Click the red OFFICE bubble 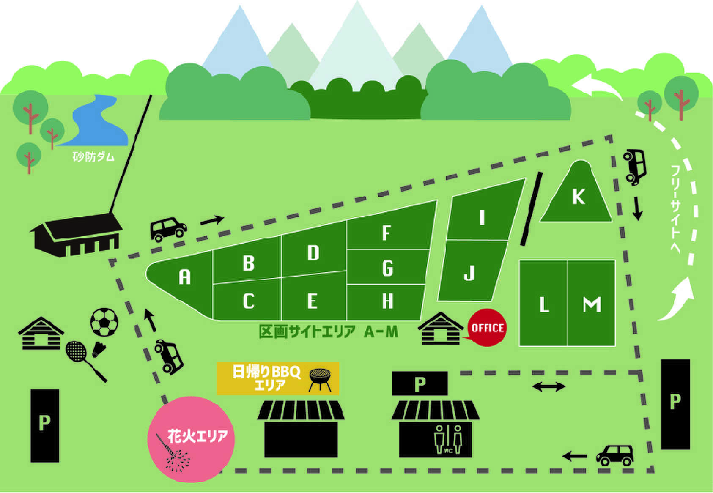coord(487,328)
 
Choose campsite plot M coord(591,303)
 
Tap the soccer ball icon coord(104,322)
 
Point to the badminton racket coord(85,361)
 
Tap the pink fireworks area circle coord(191,440)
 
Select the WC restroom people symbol coord(448,439)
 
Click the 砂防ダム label coord(93,157)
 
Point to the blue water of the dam coord(96,121)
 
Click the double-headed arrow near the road coord(549,387)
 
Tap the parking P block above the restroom coord(420,383)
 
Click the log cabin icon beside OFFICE coord(441,329)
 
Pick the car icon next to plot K coord(634,167)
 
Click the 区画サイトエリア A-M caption coord(328,332)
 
